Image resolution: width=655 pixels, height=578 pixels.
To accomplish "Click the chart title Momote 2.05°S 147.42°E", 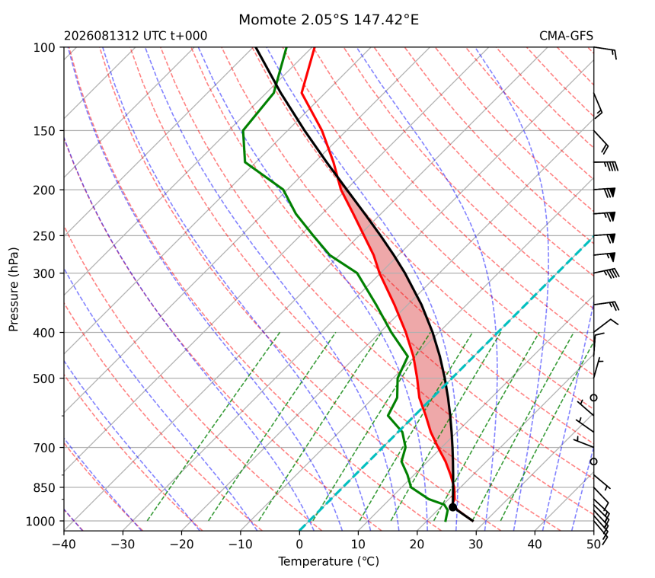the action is tap(328, 20).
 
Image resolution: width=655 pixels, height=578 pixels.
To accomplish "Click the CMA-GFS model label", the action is tap(566, 36).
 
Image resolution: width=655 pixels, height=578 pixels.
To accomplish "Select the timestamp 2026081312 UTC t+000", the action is tap(136, 36).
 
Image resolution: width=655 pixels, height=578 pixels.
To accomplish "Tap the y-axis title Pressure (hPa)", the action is tap(14, 289).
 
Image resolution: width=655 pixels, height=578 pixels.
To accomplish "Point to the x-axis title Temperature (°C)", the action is tap(328, 561).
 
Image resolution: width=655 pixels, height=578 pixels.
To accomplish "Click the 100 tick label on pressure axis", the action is tap(44, 48).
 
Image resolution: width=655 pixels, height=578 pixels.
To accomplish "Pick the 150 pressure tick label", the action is tap(44, 131).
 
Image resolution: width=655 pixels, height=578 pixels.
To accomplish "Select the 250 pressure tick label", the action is tap(44, 236).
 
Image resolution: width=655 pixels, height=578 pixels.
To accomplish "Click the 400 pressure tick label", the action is tap(44, 333).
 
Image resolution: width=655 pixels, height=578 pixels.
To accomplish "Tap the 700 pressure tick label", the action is tap(44, 448).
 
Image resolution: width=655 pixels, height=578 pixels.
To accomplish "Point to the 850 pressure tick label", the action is tap(44, 487).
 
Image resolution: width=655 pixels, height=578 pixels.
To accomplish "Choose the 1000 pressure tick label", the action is tap(40, 521).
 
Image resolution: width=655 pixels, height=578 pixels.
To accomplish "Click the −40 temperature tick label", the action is tap(64, 544).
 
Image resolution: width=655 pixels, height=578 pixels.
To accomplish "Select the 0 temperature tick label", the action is tap(299, 544).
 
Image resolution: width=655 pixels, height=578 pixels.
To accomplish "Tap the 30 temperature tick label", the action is tap(476, 544).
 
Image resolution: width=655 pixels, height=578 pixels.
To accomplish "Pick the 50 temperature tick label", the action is tap(593, 544).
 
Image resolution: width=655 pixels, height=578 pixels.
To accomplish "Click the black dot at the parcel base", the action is tap(452, 507).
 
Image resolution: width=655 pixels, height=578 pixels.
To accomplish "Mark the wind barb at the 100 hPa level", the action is tap(605, 52).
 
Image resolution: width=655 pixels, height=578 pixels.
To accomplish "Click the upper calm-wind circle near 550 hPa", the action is tap(593, 398).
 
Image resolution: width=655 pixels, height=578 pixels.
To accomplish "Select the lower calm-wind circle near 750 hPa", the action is tap(593, 461).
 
